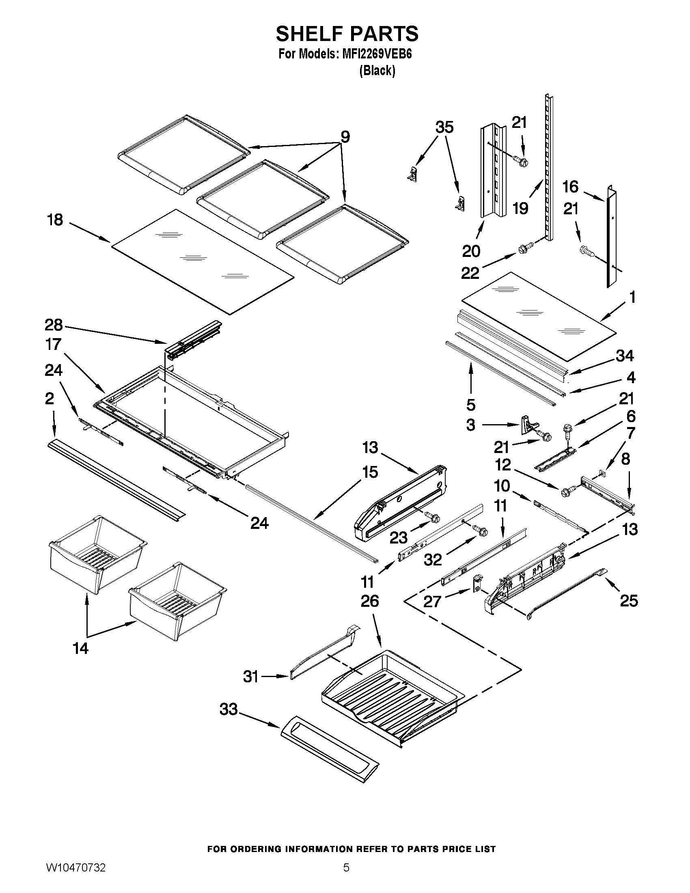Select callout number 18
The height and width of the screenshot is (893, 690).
coord(55,220)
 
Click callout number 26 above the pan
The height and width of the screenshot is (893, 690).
coord(369,601)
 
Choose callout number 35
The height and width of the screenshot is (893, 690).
coord(444,127)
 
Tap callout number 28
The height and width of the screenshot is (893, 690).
coord(53,325)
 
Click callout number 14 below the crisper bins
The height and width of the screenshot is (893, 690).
coord(80,648)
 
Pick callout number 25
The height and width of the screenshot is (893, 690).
coord(629,601)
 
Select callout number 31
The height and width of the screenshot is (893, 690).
coord(250,677)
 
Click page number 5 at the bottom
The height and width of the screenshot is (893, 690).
coord(346,876)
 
